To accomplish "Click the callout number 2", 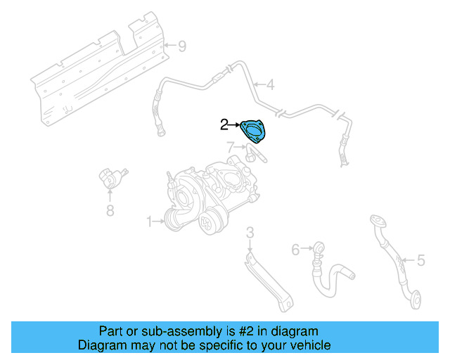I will click(x=224, y=125).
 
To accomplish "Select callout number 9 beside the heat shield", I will click(x=181, y=47).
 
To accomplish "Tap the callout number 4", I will click(x=270, y=86).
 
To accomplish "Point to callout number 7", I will click(x=230, y=147).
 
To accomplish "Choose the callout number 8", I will click(x=110, y=210).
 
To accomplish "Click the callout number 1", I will click(x=149, y=221).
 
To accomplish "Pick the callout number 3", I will click(x=250, y=232).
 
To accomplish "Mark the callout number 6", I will click(x=295, y=248).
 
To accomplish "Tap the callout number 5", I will click(x=420, y=261).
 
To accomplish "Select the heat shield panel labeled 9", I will click(x=98, y=67).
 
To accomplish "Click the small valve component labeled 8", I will click(x=110, y=179).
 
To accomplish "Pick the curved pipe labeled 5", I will click(x=394, y=260).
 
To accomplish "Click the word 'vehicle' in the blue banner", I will click(x=309, y=345).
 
